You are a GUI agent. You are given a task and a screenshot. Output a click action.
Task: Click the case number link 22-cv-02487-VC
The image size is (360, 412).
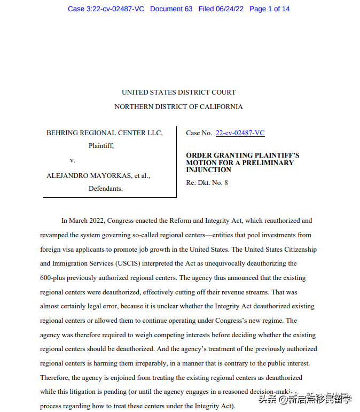(240, 133)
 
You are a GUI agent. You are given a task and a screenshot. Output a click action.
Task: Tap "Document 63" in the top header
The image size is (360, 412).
(171, 9)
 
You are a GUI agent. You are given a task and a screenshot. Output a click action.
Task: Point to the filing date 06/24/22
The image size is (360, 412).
(229, 9)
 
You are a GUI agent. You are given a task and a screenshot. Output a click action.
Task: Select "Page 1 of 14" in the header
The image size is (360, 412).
(270, 9)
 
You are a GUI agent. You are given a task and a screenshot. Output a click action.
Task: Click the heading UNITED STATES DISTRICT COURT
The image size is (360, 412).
(178, 92)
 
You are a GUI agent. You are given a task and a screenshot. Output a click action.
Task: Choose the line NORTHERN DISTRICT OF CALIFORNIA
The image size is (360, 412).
(178, 107)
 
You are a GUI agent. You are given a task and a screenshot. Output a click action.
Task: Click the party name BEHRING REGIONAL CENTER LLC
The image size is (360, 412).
(105, 133)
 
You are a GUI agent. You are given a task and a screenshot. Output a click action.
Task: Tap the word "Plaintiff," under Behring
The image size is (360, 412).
(101, 145)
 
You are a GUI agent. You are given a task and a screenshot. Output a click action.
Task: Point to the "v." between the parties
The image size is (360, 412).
(73, 160)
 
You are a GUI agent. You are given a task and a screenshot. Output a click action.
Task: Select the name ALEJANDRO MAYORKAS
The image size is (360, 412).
(85, 175)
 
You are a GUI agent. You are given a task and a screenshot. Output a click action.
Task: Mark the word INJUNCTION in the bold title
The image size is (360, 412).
(209, 170)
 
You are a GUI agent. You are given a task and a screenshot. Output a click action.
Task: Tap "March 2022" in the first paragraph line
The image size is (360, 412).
(88, 221)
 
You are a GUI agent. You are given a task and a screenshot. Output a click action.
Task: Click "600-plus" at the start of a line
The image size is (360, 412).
(54, 278)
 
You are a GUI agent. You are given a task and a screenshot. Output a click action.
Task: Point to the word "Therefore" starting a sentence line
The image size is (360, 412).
(55, 378)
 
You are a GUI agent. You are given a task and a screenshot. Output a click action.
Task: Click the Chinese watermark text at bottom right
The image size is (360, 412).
(306, 399)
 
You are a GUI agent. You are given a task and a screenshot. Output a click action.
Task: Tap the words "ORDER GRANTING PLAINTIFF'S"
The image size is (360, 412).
(242, 156)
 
